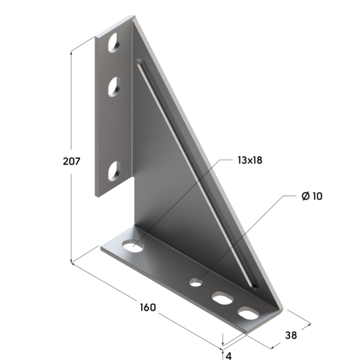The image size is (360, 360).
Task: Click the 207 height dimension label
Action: point(71,161)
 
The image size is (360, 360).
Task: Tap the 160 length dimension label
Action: point(148,307)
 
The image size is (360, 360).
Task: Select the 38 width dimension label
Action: point(291,336)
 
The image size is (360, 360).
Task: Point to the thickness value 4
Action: point(229,356)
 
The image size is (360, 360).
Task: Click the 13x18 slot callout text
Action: point(250,160)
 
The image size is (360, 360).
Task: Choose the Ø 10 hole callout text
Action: point(312,196)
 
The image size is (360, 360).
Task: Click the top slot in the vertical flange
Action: point(114,43)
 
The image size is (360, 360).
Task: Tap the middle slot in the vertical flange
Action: point(114,87)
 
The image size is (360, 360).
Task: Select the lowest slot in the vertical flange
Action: point(114,171)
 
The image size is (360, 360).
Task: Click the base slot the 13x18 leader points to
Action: point(133,246)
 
